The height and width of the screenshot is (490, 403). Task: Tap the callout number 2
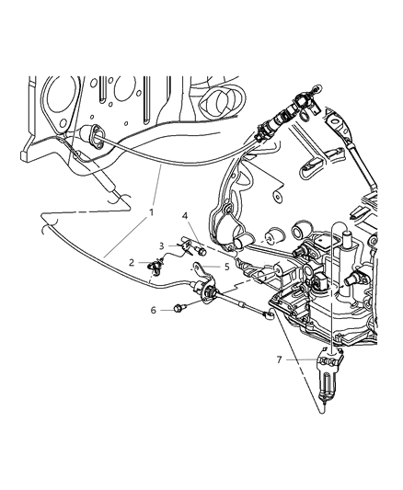132,261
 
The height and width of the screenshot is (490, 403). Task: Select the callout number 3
163,245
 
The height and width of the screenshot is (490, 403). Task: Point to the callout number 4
187,218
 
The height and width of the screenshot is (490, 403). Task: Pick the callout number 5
226,268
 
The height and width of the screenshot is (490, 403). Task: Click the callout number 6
154,310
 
